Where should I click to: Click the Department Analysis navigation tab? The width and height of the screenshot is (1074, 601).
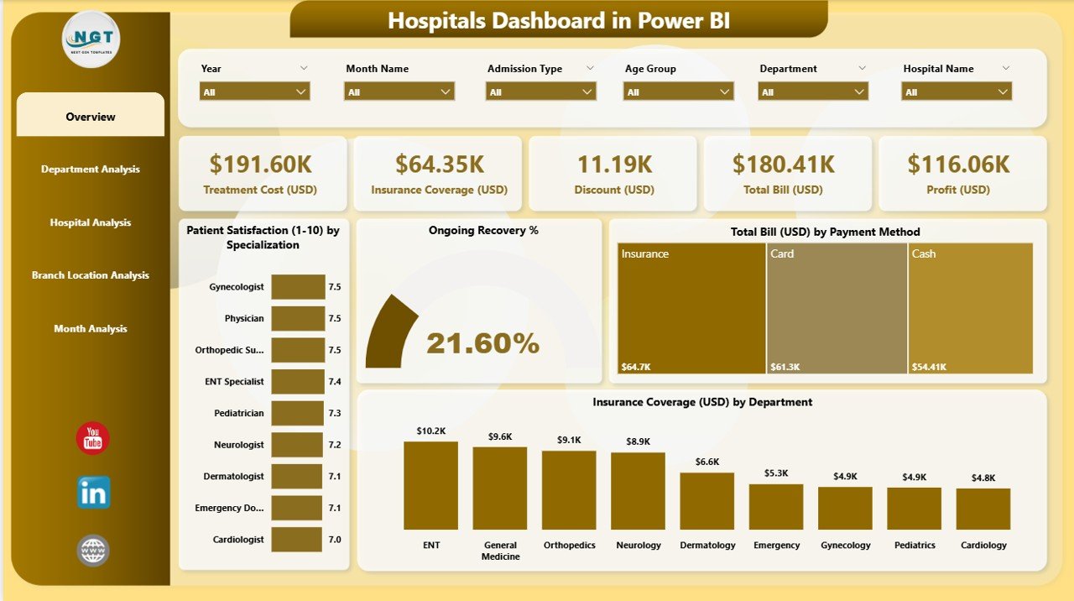click(91, 170)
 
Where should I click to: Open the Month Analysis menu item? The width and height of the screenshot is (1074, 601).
click(91, 329)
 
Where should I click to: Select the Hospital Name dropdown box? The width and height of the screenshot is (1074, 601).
click(957, 91)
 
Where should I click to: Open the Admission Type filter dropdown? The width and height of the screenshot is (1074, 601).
click(540, 91)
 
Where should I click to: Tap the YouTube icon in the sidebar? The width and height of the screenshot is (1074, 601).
click(92, 438)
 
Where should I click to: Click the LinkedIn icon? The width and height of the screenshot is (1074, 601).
click(92, 494)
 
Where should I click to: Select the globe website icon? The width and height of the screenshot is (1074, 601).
click(92, 551)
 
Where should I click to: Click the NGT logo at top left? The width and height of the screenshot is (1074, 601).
click(91, 39)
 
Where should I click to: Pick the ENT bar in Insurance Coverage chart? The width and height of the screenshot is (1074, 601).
click(430, 485)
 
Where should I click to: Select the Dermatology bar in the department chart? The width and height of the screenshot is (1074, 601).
click(706, 500)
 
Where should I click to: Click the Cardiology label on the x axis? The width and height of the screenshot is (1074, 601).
click(983, 546)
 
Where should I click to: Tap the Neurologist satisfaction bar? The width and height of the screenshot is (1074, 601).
click(297, 444)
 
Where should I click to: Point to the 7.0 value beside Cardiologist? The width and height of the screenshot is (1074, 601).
click(335, 540)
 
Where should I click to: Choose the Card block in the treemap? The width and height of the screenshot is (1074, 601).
click(837, 308)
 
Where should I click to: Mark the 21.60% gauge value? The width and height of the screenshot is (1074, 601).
click(482, 342)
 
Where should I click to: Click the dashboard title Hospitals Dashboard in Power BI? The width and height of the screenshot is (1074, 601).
click(558, 20)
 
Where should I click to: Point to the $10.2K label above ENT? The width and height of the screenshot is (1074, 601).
click(430, 431)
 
